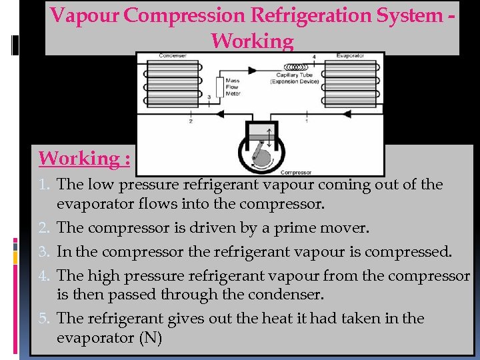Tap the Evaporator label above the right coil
click(351, 55)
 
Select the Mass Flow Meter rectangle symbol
click(219, 87)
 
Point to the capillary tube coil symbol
click(297, 67)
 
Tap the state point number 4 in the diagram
click(315, 58)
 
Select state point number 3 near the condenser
click(209, 97)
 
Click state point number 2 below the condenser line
click(191, 121)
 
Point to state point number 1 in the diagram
click(306, 121)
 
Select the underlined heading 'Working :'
click(84, 159)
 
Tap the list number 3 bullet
click(46, 252)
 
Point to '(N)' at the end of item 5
click(150, 337)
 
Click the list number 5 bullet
click(46, 319)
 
